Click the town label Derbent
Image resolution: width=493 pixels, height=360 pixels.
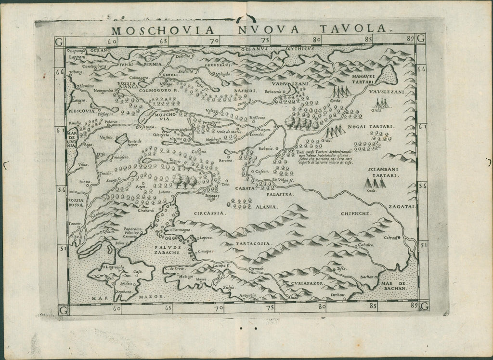point(338,293)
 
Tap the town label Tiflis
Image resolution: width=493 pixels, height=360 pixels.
point(342,268)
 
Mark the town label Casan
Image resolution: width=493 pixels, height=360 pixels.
point(260,172)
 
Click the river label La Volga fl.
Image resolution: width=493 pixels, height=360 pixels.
point(283,181)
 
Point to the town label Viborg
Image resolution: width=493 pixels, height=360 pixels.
point(76,73)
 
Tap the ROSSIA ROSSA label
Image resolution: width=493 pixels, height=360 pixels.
point(76,202)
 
